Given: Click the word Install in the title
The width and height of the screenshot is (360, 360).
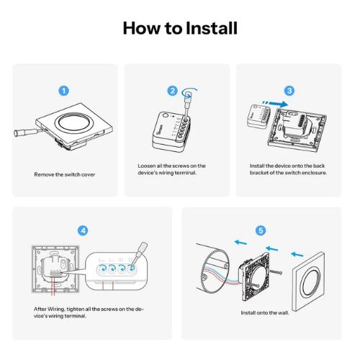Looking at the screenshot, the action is point(212,28).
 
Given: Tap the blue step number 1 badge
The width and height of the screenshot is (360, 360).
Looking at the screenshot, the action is point(64,91).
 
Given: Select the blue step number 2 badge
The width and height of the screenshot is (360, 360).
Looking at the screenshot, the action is point(172,91).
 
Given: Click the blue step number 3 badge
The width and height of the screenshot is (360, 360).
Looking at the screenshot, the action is point(289,91).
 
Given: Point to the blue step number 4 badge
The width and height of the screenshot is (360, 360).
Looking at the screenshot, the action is point(83,230).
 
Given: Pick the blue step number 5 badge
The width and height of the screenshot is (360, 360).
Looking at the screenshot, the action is point(261,230).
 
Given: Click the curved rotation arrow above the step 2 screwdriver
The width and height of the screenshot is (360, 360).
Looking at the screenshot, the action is point(189,92).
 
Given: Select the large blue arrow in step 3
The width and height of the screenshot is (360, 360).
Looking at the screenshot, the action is point(275,104).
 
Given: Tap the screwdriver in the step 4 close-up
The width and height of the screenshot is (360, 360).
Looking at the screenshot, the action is point(139,255).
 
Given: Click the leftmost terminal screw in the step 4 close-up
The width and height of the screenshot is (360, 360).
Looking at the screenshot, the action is point(102,269).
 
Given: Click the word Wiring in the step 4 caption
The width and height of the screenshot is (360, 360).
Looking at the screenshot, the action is point(56,309).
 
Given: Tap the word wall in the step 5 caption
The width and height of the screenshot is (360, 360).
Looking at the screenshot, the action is point(283,313).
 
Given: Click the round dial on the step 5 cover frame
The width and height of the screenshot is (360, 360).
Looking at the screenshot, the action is point(311,282).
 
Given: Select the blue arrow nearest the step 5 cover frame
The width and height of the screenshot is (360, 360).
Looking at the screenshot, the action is point(297,254).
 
